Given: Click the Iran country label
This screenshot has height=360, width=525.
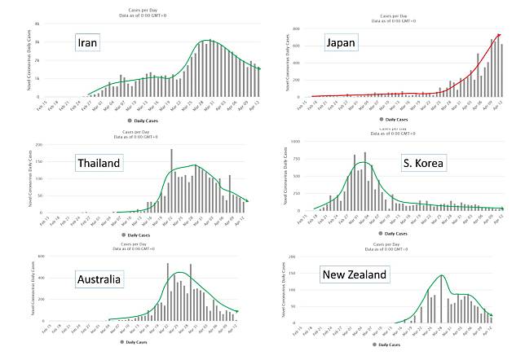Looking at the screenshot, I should (x=88, y=43).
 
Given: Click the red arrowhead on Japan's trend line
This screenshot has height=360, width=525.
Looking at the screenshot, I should (x=497, y=35).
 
